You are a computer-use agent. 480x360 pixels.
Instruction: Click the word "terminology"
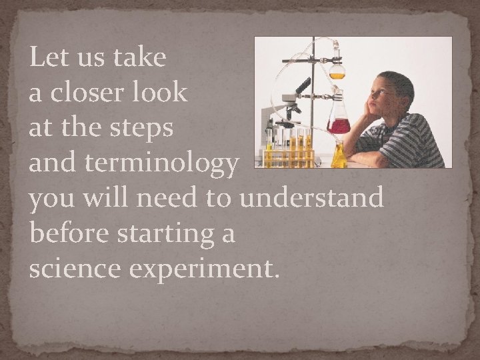(x=161, y=164)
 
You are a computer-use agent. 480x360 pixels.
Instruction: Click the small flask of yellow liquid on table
(x=339, y=157)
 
